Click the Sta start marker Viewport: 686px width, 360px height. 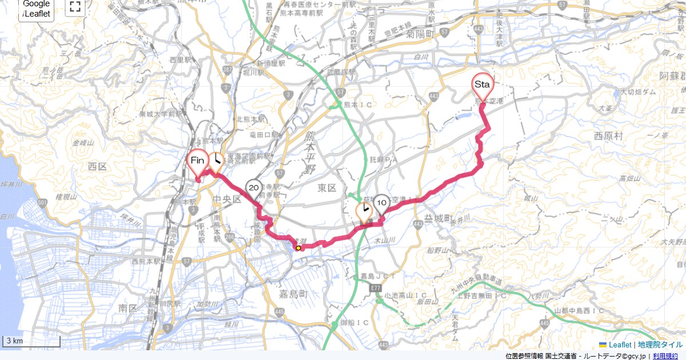(x=482, y=85)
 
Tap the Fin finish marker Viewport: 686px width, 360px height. (x=197, y=161)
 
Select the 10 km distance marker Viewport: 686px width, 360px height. (x=382, y=203)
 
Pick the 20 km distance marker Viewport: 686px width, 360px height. (x=254, y=187)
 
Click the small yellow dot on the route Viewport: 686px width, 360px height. (x=298, y=248)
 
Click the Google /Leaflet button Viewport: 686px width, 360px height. (x=36, y=9)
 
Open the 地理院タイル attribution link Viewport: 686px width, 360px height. (x=660, y=345)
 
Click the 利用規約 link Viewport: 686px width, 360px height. (x=667, y=356)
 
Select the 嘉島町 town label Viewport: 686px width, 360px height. (x=295, y=294)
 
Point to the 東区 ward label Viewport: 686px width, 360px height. (x=328, y=187)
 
